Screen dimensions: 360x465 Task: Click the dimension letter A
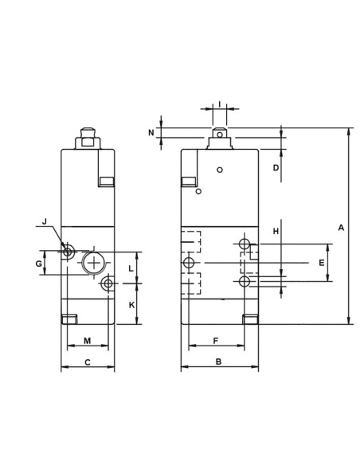coord(341,228)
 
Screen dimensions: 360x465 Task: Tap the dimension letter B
coord(218,361)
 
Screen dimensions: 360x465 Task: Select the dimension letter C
coord(88,362)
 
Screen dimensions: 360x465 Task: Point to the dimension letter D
coord(276,168)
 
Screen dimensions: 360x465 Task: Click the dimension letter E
coord(322,263)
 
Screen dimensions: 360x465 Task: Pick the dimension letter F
coord(216,341)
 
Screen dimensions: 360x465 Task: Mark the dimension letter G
coord(39,264)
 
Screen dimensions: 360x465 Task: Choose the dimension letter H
coord(276,232)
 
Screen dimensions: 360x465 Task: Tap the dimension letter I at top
coord(220,104)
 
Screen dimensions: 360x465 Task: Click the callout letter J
coord(45,221)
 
